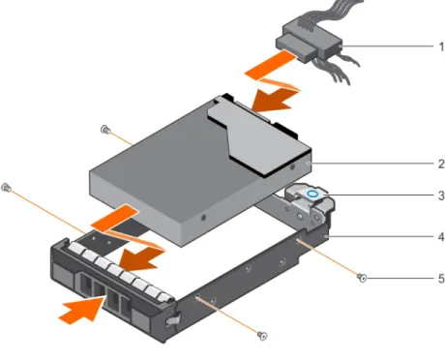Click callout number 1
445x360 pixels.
441,46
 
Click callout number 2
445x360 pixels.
441,164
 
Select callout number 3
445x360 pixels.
441,195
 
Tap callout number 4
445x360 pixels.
441,237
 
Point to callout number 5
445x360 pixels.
441,279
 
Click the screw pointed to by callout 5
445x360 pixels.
362,277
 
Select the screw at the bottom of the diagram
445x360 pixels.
263,336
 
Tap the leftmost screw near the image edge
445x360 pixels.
6,187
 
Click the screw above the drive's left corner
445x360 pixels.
104,130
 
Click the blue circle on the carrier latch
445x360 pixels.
312,195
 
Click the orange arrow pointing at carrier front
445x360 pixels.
83,310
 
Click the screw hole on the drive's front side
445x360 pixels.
203,218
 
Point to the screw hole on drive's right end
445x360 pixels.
292,167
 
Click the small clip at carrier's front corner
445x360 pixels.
172,321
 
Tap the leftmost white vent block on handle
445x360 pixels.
76,249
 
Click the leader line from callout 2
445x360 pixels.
371,164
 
